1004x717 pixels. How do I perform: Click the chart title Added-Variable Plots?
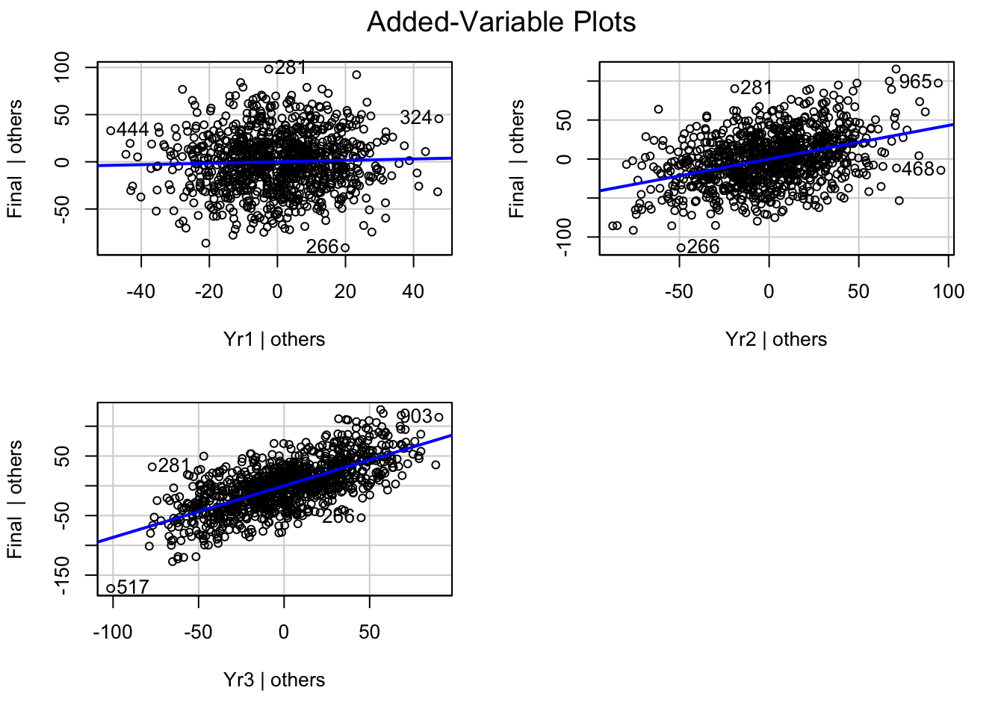pyautogui.click(x=501, y=22)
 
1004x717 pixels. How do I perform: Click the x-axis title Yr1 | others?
pyautogui.click(x=274, y=339)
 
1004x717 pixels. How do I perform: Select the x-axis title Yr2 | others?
pyautogui.click(x=776, y=339)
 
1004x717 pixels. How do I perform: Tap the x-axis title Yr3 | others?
pyautogui.click(x=274, y=680)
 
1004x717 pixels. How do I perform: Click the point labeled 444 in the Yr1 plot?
pyautogui.click(x=111, y=131)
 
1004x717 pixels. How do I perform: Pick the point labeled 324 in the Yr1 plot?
pyautogui.click(x=439, y=119)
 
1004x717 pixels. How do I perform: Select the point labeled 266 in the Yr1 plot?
pyautogui.click(x=344, y=248)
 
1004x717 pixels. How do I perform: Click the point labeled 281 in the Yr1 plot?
pyautogui.click(x=269, y=69)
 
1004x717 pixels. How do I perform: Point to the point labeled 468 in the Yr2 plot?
pyautogui.click(x=896, y=168)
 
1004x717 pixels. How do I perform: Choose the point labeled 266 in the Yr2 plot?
pyautogui.click(x=681, y=248)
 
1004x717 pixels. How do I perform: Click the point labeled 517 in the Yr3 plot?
pyautogui.click(x=111, y=589)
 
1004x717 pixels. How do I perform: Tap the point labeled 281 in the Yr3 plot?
pyautogui.click(x=152, y=467)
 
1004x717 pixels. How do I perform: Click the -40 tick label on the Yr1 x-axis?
pyautogui.click(x=141, y=291)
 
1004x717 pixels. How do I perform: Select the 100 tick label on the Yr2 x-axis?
pyautogui.click(x=949, y=291)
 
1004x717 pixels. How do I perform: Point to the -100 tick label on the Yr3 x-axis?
pyautogui.click(x=113, y=632)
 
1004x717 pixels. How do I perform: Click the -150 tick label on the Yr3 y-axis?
pyautogui.click(x=63, y=580)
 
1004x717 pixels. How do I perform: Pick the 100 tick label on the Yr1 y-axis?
pyautogui.click(x=63, y=68)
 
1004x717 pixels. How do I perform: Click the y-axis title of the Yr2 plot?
pyautogui.click(x=517, y=158)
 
